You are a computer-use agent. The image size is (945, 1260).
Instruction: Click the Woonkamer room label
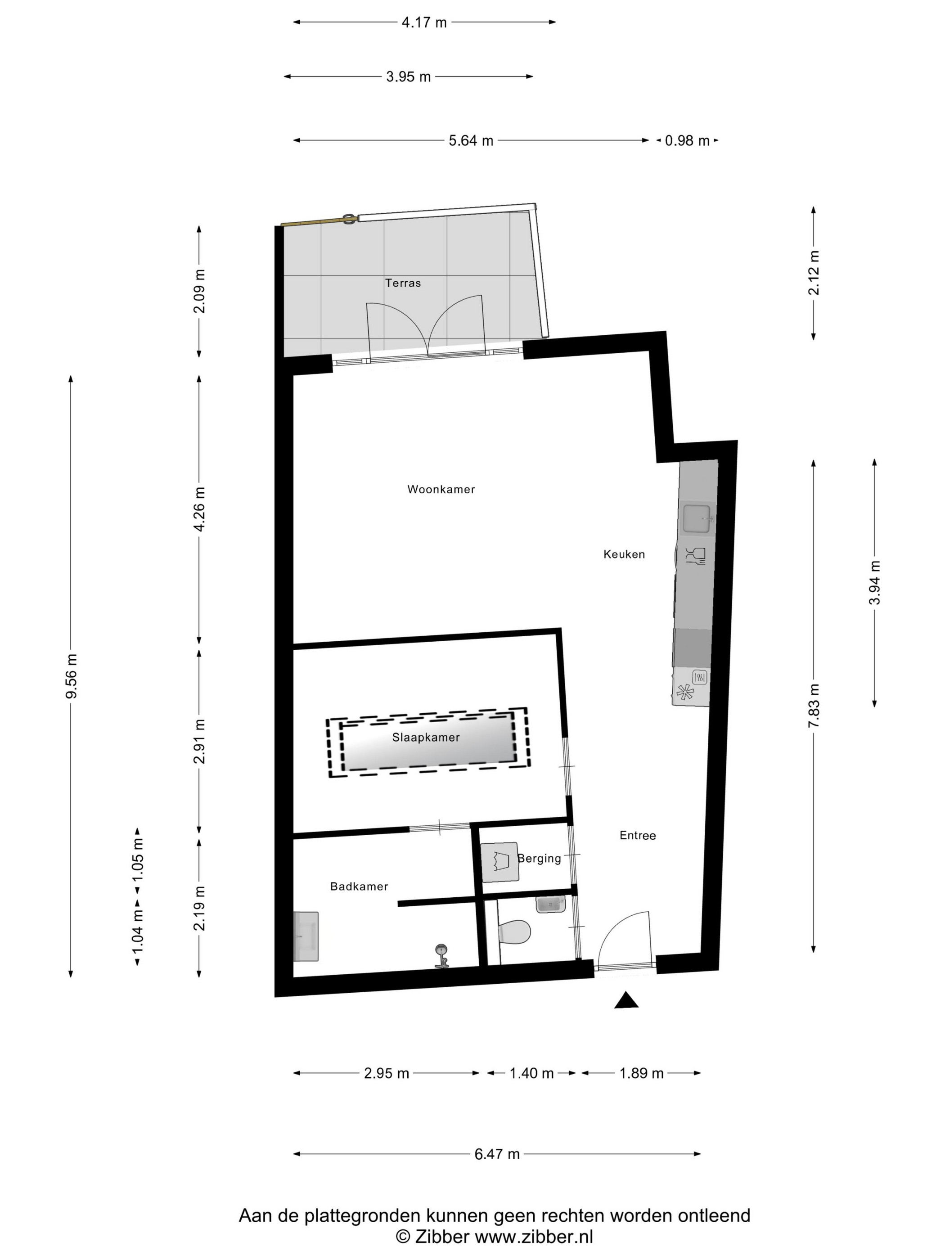click(x=441, y=489)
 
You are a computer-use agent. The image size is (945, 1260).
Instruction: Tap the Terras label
click(x=403, y=283)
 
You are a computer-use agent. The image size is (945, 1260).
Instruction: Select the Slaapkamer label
click(x=426, y=737)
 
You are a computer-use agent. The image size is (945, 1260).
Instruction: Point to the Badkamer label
click(x=359, y=886)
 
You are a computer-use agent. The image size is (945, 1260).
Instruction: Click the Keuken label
click(x=624, y=554)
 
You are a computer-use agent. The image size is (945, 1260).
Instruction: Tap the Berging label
click(x=540, y=859)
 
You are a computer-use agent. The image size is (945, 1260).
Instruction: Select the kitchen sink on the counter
click(x=697, y=519)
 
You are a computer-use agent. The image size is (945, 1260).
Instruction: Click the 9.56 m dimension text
click(x=71, y=676)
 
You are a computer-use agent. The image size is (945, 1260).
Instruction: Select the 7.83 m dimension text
click(x=814, y=705)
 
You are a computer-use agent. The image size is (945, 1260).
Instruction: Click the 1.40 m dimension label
click(x=531, y=1073)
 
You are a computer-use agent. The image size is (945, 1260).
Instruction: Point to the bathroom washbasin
click(x=306, y=936)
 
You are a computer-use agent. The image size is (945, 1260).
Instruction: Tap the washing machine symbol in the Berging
click(x=499, y=862)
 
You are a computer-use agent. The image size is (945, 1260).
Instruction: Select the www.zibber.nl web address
click(x=534, y=1237)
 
